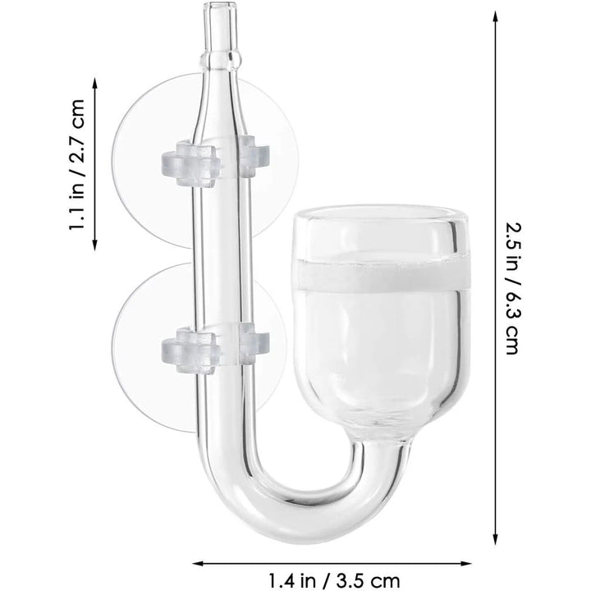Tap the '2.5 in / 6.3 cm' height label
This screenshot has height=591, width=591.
coord(511,287)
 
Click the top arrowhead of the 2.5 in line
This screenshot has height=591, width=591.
coord(494,15)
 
